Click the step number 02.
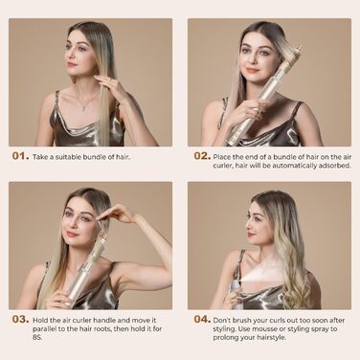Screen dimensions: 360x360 pyautogui.click(x=201, y=155)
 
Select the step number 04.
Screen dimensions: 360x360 pyautogui.click(x=201, y=319)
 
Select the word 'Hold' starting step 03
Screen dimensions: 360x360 pyautogui.click(x=43, y=319)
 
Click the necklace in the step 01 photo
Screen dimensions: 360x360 pyautogui.click(x=86, y=98)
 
